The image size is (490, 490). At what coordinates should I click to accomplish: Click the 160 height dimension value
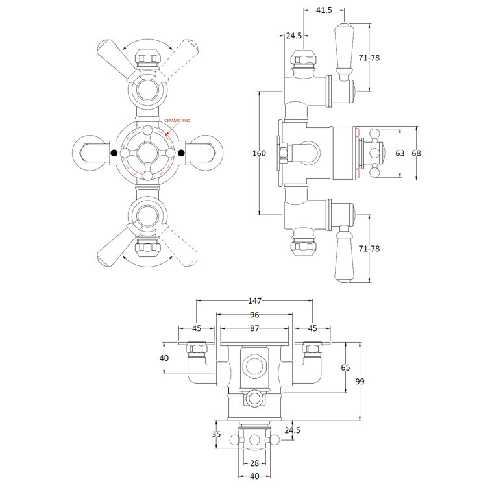tap(259, 153)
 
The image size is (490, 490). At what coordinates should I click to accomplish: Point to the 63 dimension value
tap(400, 153)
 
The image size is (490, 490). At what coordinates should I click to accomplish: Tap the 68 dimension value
tap(417, 153)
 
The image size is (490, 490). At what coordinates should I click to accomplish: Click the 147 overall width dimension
tap(254, 301)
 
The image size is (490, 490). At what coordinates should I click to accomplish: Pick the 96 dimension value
tap(254, 315)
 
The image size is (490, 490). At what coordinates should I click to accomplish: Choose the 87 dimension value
tap(254, 328)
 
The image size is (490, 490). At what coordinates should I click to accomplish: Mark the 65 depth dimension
tap(345, 367)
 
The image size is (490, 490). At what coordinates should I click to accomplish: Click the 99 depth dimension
tap(360, 381)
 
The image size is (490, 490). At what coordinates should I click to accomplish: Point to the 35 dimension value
tap(217, 434)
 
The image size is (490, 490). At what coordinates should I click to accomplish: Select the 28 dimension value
tap(254, 462)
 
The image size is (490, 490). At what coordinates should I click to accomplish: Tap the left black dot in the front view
tap(115, 153)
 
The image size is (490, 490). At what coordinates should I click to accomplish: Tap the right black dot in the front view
tap(181, 153)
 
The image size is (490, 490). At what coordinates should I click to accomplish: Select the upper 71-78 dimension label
tap(369, 58)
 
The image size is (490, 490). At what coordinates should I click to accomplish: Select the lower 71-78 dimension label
tap(369, 249)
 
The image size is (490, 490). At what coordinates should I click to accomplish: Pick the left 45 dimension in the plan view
tap(197, 328)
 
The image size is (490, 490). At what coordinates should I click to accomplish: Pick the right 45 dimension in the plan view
tap(312, 328)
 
